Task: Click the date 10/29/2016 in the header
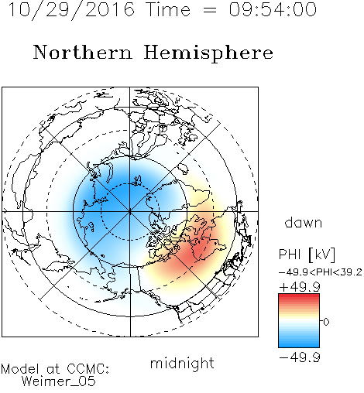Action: (x=71, y=10)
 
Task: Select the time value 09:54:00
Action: (x=273, y=9)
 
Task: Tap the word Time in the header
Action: (x=168, y=9)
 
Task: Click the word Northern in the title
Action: (x=82, y=52)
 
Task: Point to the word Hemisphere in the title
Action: (x=208, y=53)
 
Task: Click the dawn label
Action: (x=304, y=222)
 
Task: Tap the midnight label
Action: (x=182, y=364)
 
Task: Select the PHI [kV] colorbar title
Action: (x=307, y=255)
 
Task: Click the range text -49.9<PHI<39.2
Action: (x=321, y=272)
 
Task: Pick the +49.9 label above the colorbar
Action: (x=300, y=287)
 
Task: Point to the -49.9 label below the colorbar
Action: (x=300, y=357)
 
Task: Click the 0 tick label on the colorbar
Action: (x=326, y=322)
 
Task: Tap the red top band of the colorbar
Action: (x=299, y=296)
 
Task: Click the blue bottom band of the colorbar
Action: (x=299, y=344)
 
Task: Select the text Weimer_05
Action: (x=59, y=381)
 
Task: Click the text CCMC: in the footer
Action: (x=88, y=369)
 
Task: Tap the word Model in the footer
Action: (x=21, y=369)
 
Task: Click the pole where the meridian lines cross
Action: (x=129, y=211)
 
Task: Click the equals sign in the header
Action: (x=210, y=10)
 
